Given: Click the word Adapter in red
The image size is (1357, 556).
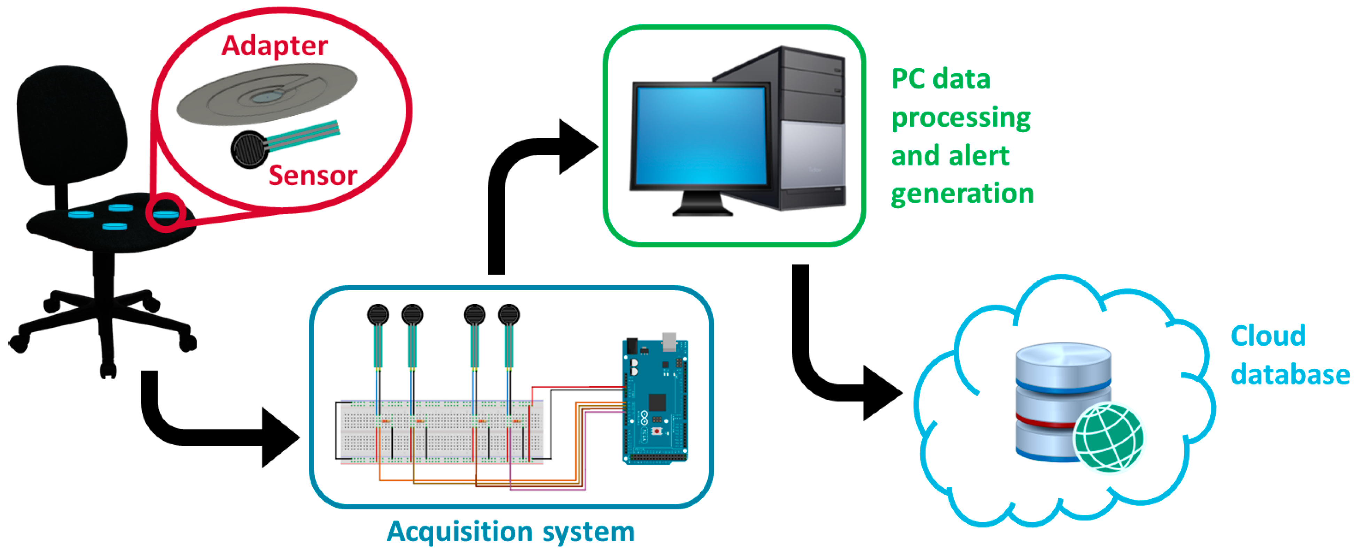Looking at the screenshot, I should (274, 46).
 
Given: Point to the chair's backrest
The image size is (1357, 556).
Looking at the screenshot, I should (71, 124).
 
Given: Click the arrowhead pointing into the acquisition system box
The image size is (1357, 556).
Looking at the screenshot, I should (279, 437).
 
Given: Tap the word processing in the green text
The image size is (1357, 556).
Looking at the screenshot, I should (961, 118).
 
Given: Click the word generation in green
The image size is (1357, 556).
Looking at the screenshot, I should (962, 194).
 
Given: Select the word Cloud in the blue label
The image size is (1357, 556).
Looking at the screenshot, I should (1268, 336).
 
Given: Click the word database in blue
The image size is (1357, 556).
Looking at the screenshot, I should (1289, 375).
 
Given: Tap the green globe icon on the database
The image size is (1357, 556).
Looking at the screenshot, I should (1108, 437).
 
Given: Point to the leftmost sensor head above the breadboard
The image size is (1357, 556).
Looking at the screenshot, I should (378, 315).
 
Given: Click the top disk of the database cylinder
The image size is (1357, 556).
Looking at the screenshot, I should (1063, 361).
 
